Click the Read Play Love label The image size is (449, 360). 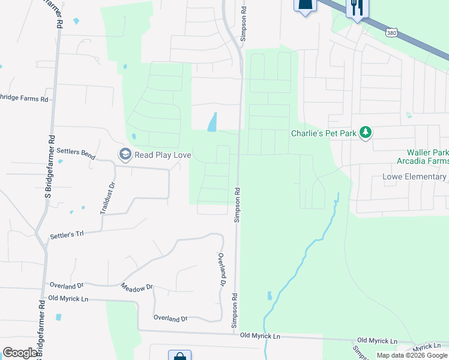pos(163,155)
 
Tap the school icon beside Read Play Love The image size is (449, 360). pos(125,155)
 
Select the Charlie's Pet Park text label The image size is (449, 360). pos(324,133)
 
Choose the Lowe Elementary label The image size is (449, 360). pos(415,177)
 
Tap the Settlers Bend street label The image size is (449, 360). pos(76,155)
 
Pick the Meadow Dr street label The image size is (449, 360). pos(137,289)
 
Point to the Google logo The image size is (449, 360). pos(20,353)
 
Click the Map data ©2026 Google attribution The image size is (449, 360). pos(412,355)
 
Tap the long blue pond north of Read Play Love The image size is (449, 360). pos(212,122)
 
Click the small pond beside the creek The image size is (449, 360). pos(269,296)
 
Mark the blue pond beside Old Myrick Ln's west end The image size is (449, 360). pos(58,317)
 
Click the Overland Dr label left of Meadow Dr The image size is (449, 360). pos(65,285)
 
